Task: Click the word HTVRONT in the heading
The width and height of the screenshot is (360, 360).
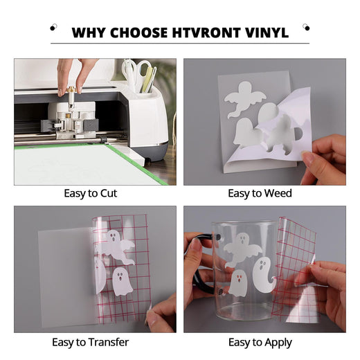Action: pos(206,33)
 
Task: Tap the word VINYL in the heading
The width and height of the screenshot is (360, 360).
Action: pos(267,33)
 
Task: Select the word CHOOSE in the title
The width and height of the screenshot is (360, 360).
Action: pos(139,33)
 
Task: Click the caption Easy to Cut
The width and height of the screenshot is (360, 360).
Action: pos(91,193)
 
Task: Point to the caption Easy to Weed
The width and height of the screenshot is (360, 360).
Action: pos(260,193)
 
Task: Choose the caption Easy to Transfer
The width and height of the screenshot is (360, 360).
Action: pos(90,342)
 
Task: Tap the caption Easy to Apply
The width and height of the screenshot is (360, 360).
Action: pos(260,343)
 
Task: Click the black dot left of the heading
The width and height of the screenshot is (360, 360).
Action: pos(53,28)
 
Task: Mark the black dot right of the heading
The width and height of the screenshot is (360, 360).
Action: pos(307,28)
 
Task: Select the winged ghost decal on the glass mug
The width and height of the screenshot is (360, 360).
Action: pos(242,251)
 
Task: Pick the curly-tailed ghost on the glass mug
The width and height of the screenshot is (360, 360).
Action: pos(263,273)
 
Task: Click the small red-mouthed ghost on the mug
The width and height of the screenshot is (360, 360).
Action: pos(239,282)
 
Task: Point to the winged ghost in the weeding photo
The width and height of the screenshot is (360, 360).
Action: pos(244,98)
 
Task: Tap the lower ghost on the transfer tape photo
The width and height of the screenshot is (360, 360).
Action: pos(122,282)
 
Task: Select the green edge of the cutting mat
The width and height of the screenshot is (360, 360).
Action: pos(137,164)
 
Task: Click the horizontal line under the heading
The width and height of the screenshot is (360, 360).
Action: pos(180,43)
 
